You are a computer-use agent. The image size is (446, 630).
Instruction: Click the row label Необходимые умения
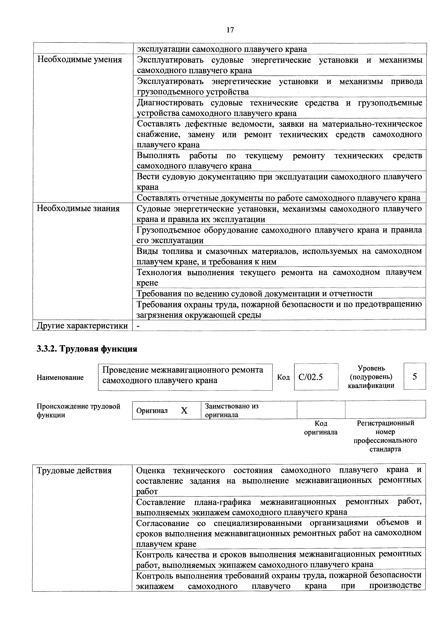coord(79,60)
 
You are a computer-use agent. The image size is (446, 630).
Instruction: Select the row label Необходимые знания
coord(78,209)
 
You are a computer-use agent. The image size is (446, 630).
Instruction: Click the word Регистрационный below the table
coord(385,423)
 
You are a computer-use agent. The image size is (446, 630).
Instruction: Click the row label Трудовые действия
coord(74,471)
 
